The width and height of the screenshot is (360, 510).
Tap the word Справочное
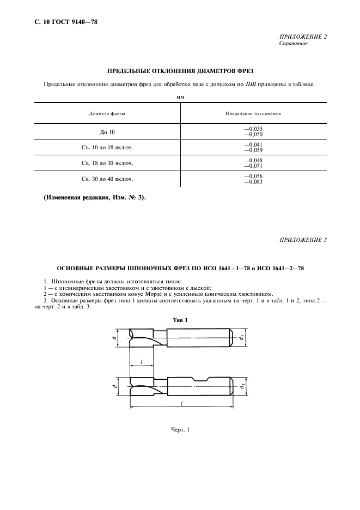click(293, 44)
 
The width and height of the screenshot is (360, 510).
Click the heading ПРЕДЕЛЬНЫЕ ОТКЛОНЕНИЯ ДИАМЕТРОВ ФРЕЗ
click(180, 71)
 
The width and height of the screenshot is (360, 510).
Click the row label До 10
click(107, 132)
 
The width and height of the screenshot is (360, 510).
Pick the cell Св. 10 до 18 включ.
click(107, 147)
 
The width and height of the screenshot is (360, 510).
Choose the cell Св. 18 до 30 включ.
click(107, 163)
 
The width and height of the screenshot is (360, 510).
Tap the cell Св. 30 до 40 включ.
click(107, 179)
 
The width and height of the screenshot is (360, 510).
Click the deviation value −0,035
click(253, 129)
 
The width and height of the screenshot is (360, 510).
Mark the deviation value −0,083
click(253, 181)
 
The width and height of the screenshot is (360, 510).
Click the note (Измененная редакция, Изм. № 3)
click(94, 197)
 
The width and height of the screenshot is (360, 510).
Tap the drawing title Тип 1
click(180, 320)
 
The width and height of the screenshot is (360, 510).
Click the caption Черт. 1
click(180, 431)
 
